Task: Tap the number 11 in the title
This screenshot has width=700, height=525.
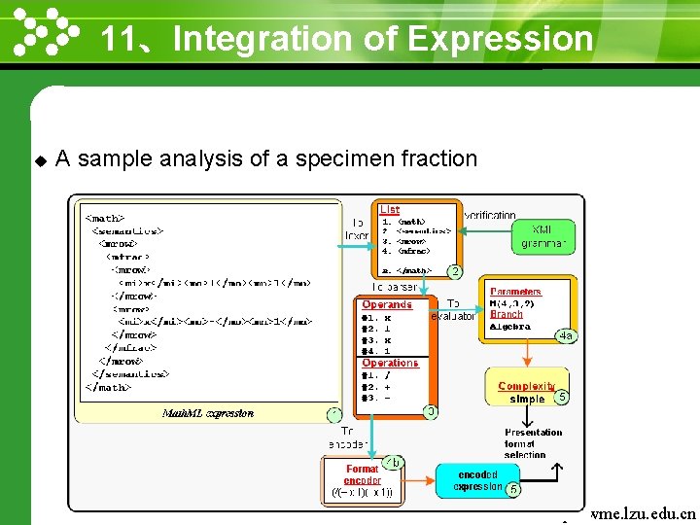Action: (x=118, y=39)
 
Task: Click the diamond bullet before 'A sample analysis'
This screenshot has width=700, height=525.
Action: (x=40, y=159)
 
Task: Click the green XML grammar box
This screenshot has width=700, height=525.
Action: (x=542, y=236)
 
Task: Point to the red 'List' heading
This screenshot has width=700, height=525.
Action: (x=389, y=209)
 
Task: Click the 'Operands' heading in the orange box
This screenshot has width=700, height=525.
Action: (x=387, y=304)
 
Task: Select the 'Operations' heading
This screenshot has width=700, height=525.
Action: (x=390, y=363)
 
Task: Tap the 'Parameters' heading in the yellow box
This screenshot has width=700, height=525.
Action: (x=515, y=291)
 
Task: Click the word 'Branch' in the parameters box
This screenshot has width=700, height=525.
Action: (x=506, y=314)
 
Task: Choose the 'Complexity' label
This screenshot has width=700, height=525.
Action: (x=526, y=386)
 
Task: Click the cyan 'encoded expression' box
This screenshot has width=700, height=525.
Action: (x=478, y=481)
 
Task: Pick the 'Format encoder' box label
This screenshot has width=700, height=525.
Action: (x=362, y=474)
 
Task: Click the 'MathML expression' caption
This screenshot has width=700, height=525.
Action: (x=207, y=413)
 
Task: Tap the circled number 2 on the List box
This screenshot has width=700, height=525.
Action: (x=454, y=270)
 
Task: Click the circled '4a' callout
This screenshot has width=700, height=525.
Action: (x=565, y=335)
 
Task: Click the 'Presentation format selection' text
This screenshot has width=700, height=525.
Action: (x=533, y=443)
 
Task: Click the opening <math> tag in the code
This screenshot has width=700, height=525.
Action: (x=105, y=219)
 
